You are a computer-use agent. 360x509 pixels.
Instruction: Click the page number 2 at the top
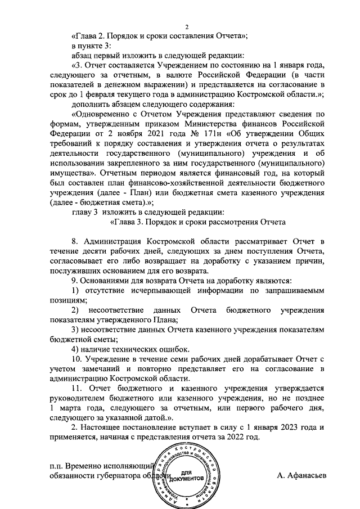coord(188,25)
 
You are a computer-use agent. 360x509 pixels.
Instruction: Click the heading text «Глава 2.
coord(92,35)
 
